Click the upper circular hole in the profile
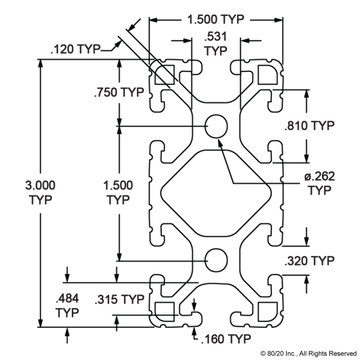point(215,127)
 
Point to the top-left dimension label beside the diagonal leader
point(68,46)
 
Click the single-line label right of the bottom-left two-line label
point(107,299)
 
